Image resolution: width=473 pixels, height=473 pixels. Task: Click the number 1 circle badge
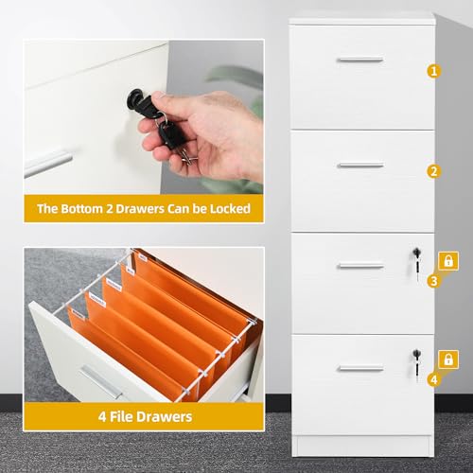(x=434, y=70)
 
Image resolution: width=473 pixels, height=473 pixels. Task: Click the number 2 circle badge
(x=434, y=171)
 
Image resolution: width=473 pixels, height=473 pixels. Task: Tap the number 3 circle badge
(x=434, y=280)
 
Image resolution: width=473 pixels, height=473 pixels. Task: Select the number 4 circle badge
(x=434, y=379)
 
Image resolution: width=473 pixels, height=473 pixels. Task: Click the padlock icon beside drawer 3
(x=448, y=259)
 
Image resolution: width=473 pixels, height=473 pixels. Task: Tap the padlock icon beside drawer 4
(x=448, y=359)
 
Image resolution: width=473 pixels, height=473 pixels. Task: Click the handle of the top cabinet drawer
(x=360, y=60)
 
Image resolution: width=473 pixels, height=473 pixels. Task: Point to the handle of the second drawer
(x=360, y=166)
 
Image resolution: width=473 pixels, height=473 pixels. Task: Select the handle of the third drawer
(x=360, y=265)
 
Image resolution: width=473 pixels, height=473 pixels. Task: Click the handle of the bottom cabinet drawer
(x=360, y=368)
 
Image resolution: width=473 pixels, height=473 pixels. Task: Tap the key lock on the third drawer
(x=414, y=254)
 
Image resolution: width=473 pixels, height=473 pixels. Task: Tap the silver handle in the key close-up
(x=47, y=163)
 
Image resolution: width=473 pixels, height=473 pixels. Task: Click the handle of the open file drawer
(x=100, y=382)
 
